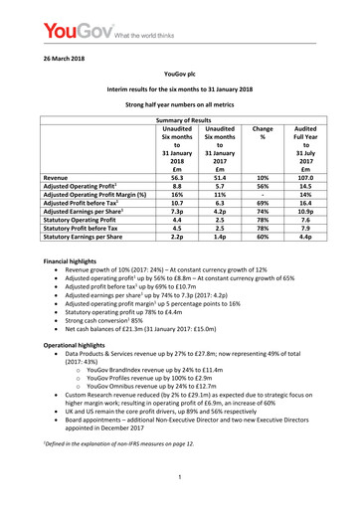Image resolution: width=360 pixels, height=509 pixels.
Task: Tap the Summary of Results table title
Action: (x=180, y=120)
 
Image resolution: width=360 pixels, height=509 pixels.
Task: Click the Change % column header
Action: (x=264, y=135)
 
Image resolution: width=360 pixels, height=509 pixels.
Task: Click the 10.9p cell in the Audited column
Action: (x=308, y=239)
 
